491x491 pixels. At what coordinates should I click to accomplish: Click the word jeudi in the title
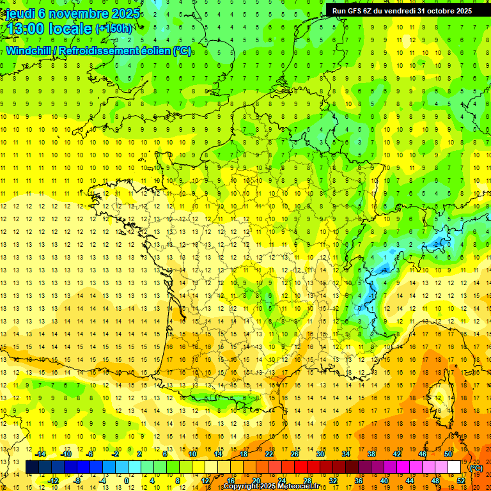[x=19, y=13]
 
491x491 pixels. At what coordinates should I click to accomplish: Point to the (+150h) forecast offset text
[x=114, y=29]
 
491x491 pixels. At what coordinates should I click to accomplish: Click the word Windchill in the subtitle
[x=29, y=51]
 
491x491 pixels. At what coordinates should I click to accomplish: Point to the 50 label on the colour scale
[x=448, y=454]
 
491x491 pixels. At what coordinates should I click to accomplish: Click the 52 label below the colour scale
[x=461, y=481]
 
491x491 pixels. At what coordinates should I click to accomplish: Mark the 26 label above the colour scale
[x=295, y=454]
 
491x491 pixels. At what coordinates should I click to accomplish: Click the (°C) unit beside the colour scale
[x=476, y=468]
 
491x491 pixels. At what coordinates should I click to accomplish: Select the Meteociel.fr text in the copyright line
[x=300, y=487]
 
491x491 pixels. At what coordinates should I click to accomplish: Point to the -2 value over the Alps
[x=437, y=244]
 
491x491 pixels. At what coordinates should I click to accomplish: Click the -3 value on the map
[x=386, y=269]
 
